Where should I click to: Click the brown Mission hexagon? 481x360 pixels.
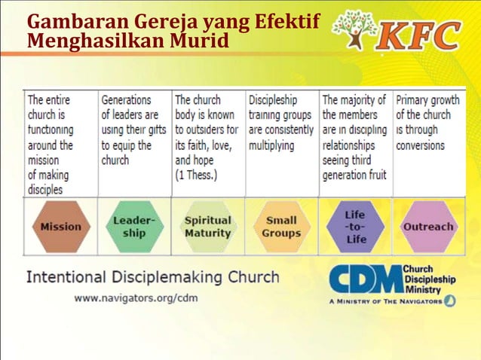[60, 226]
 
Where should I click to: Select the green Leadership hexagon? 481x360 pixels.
[134, 226]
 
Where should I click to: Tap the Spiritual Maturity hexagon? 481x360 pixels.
[207, 226]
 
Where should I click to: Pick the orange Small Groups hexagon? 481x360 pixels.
[280, 226]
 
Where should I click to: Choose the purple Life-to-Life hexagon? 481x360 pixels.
[354, 226]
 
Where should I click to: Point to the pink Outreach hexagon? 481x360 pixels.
[428, 226]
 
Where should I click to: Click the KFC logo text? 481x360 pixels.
[420, 33]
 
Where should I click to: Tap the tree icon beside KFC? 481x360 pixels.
[355, 31]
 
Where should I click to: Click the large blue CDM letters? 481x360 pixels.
[366, 279]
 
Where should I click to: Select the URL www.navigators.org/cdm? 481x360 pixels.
[135, 298]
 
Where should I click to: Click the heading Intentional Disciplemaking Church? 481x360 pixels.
[153, 277]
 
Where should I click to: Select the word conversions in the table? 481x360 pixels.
[420, 145]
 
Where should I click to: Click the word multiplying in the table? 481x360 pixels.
[271, 145]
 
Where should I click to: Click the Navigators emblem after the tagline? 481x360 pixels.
[449, 301]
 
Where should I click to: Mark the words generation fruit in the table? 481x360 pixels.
[354, 175]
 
